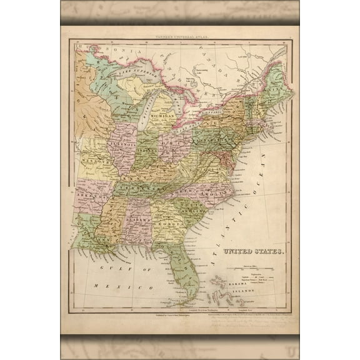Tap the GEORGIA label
pyautogui.click(x=167, y=222)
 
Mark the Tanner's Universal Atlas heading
pyautogui.click(x=181, y=37)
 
